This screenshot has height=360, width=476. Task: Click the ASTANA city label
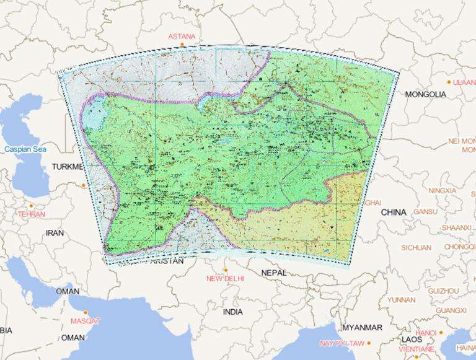click(182, 37)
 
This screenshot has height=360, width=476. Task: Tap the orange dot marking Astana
click(182, 45)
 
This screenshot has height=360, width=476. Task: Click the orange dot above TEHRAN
click(31, 206)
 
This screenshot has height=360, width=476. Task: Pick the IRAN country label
click(55, 233)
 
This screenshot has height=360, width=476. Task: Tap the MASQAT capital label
click(85, 321)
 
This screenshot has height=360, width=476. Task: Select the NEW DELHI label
click(225, 279)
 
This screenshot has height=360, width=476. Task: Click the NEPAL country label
click(274, 273)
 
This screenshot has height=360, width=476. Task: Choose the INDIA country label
click(233, 312)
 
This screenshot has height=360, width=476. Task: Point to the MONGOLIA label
click(425, 94)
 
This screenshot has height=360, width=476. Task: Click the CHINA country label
click(394, 212)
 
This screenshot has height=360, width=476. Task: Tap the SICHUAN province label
click(416, 247)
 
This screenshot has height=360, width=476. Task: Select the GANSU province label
click(426, 211)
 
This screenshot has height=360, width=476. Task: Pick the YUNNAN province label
click(401, 300)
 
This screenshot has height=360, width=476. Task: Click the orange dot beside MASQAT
click(86, 312)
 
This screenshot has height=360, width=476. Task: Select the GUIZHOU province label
click(443, 291)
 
